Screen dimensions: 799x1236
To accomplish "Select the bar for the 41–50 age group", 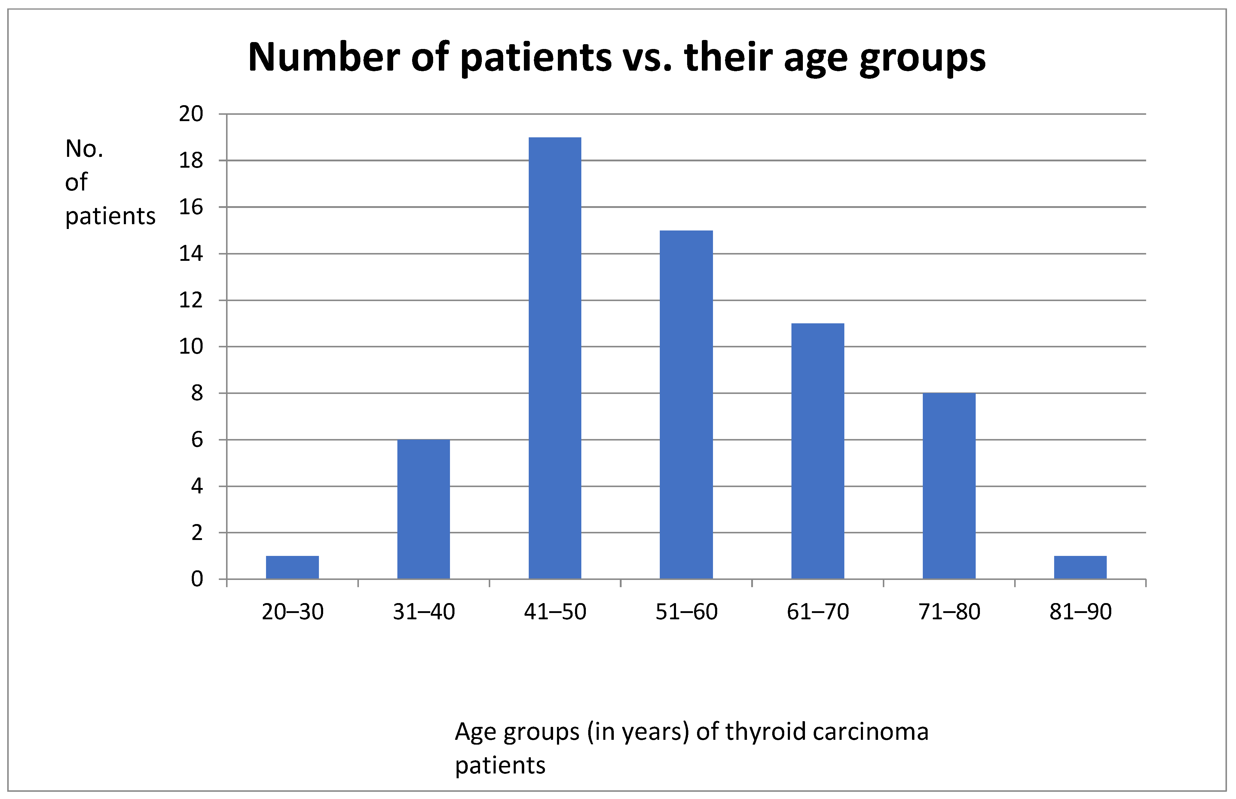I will point(555,358).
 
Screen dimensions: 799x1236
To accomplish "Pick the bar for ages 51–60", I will point(686,405).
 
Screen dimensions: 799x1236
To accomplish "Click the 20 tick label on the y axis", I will point(191,114).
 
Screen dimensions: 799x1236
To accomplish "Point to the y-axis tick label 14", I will point(191,254).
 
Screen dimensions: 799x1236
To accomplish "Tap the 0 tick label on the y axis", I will point(197,579).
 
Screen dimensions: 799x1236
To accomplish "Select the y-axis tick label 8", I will point(197,393).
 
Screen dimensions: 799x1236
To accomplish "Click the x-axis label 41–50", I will point(555,612).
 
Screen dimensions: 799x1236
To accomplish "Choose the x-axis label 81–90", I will point(1080,612).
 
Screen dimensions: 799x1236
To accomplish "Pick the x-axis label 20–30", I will point(292,612).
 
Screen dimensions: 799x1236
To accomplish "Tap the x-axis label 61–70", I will point(818,612).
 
